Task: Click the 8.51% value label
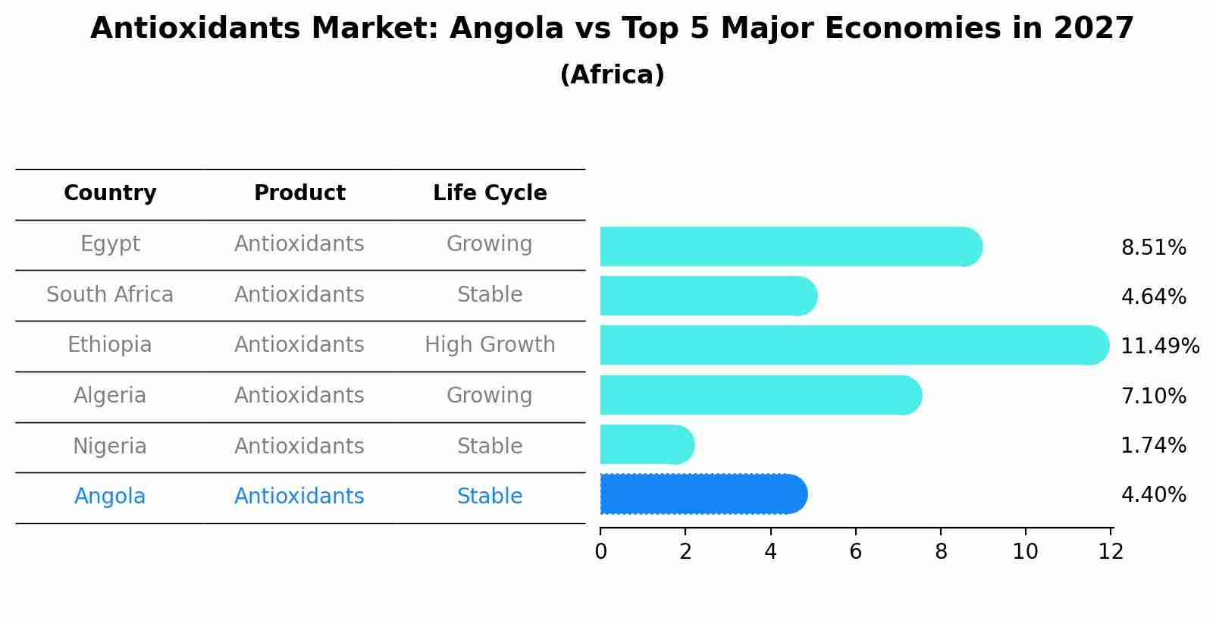(x=1153, y=248)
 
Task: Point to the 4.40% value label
(x=1153, y=495)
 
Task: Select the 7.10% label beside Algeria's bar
(x=1153, y=396)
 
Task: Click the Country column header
(x=110, y=193)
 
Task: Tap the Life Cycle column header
(x=490, y=193)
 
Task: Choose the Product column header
(x=299, y=193)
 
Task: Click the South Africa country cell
(x=110, y=295)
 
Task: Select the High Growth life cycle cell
(x=490, y=345)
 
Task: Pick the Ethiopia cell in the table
(x=110, y=345)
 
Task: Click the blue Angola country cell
(x=110, y=497)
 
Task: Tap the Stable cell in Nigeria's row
(x=490, y=447)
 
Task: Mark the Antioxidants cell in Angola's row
(x=299, y=497)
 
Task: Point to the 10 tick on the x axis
(x=1025, y=552)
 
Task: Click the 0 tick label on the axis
(x=600, y=552)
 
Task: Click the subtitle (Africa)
(x=612, y=75)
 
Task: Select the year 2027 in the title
(x=1093, y=29)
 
